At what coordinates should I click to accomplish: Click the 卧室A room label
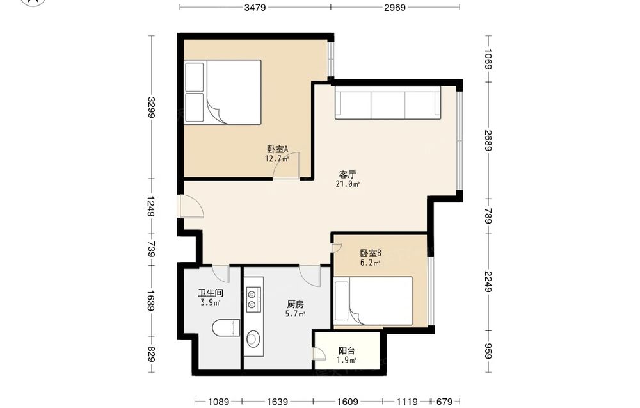(x=278, y=149)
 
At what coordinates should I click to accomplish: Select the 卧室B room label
(x=371, y=253)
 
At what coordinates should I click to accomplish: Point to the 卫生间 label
(x=211, y=293)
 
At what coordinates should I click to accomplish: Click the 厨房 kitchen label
(x=295, y=305)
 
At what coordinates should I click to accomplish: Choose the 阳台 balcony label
(x=346, y=351)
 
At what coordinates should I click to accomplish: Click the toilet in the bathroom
(x=226, y=328)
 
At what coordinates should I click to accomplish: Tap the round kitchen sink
(x=253, y=339)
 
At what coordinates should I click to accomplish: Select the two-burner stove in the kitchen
(x=253, y=299)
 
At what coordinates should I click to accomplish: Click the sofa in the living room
(x=388, y=102)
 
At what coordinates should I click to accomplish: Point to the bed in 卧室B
(x=373, y=301)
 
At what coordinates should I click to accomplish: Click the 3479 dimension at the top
(x=255, y=7)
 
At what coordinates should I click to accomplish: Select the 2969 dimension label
(x=395, y=7)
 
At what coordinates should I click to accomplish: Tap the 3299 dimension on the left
(x=151, y=107)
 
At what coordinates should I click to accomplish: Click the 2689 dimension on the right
(x=488, y=140)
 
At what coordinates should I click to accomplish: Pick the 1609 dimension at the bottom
(x=348, y=402)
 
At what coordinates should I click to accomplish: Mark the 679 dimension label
(x=445, y=402)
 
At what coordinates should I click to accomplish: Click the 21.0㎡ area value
(x=348, y=184)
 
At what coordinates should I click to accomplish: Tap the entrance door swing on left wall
(x=191, y=207)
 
